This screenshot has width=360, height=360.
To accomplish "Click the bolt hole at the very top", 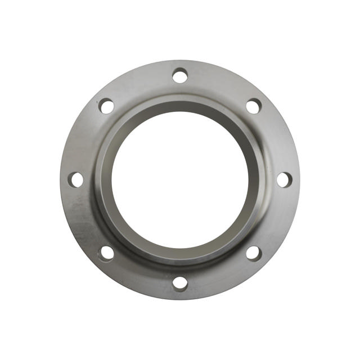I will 180,75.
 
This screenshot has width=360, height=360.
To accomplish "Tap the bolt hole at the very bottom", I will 180,283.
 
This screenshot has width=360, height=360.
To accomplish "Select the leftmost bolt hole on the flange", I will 76,179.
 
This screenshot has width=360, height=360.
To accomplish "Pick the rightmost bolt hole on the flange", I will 284,179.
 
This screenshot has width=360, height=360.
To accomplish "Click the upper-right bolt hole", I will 254,106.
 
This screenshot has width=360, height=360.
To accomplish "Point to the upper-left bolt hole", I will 106,106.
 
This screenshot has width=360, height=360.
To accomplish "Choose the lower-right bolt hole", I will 254,253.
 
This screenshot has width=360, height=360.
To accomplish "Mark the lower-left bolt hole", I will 106,253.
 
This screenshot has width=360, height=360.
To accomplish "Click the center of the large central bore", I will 180,179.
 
